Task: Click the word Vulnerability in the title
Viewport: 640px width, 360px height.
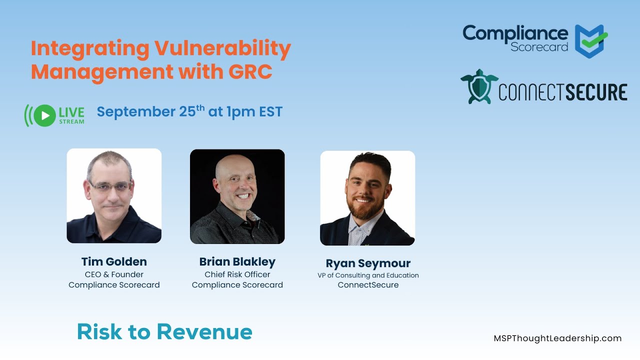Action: point(222,49)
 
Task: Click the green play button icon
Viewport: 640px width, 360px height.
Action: point(45,115)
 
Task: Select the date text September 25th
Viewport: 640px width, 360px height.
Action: point(150,111)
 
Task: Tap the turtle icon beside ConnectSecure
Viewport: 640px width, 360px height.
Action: point(479,86)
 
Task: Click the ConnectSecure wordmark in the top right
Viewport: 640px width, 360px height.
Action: point(562,92)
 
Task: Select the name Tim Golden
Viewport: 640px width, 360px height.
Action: point(114,261)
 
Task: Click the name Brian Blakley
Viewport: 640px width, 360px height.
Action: point(237,261)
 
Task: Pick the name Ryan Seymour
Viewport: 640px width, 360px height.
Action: point(368,263)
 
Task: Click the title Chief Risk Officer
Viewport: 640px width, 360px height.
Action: point(237,274)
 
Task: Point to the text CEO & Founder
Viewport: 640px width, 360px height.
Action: point(114,274)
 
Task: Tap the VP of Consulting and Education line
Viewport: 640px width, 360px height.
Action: point(368,275)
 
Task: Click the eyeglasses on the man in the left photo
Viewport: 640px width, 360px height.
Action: point(109,186)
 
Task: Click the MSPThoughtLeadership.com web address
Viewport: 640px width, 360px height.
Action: point(557,338)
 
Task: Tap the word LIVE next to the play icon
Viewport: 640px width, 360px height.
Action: point(71,112)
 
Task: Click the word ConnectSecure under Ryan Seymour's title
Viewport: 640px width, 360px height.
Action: point(368,285)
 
